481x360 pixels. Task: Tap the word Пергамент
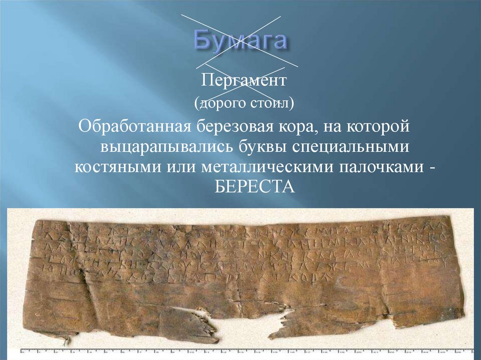click(244, 81)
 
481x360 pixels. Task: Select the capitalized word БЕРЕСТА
click(254, 188)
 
